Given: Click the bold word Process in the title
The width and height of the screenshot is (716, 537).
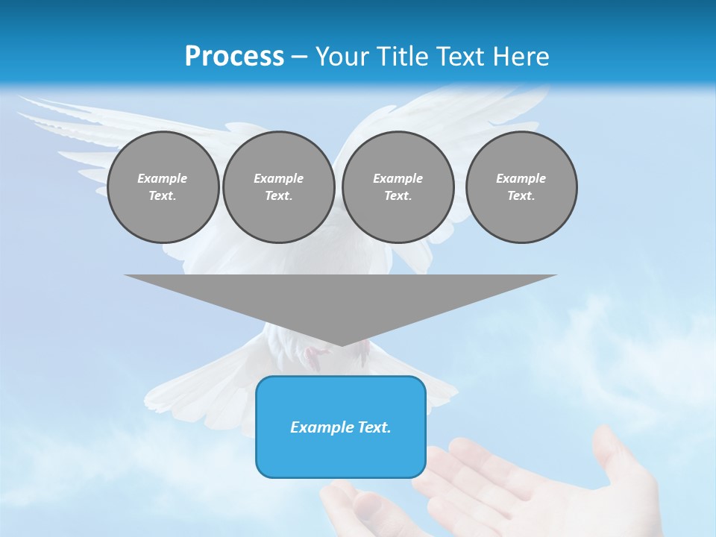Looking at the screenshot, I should point(234,57).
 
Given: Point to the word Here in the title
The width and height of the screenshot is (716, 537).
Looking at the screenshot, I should point(520,57).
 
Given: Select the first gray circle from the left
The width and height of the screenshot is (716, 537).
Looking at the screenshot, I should point(163,187).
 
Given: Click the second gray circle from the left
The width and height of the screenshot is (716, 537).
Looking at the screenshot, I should point(278,187).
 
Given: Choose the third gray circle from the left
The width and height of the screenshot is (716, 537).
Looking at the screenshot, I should point(398,187).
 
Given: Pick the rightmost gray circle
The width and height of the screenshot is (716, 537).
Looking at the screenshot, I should point(521,187).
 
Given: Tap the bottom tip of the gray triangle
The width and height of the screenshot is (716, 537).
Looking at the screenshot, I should point(341,345).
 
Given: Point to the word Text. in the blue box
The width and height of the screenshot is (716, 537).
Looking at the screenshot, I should point(375,427).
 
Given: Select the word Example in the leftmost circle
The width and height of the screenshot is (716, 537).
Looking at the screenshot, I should point(163,178).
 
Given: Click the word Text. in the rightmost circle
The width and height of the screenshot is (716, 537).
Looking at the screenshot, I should point(521,196).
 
